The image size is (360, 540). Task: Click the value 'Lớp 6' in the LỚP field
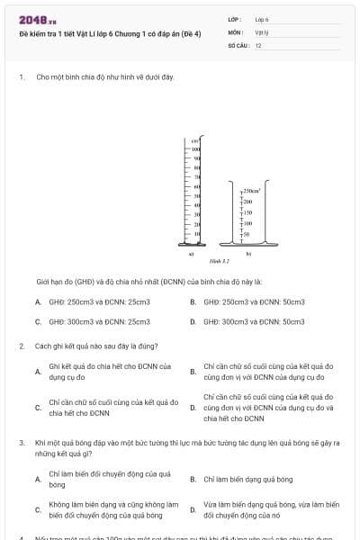(262, 19)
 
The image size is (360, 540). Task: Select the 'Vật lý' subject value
(262, 31)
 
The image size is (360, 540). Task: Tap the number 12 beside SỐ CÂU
(258, 44)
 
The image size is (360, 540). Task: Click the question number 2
(22, 346)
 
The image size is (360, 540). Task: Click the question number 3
(22, 443)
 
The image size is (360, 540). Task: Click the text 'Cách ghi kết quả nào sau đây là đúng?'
(84, 346)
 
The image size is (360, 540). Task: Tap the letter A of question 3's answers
(38, 479)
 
